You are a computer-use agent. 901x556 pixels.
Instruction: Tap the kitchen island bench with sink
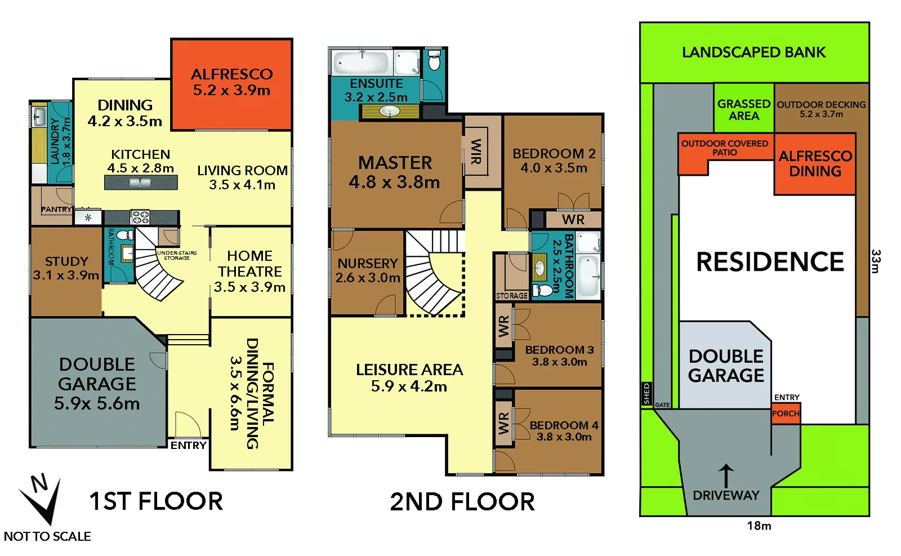141,183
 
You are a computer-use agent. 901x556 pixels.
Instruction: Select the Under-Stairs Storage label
177,255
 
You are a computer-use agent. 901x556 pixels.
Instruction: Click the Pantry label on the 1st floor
56,209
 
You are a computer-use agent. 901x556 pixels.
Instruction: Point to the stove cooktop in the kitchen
140,217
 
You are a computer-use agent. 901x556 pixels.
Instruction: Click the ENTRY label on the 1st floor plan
189,446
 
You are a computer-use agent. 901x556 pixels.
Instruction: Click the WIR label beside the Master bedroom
476,152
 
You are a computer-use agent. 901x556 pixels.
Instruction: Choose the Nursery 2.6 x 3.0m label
368,270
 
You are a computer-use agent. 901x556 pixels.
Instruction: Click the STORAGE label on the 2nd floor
512,296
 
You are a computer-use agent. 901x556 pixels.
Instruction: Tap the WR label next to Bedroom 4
503,423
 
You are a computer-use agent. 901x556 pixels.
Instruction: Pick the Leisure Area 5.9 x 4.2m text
409,377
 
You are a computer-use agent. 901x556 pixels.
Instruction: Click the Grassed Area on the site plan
744,109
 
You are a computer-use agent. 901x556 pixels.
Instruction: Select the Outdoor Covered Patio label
725,148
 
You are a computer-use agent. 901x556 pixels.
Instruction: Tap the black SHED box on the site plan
646,394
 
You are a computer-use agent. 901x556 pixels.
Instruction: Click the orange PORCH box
786,414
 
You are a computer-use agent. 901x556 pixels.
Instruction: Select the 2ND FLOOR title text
462,501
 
